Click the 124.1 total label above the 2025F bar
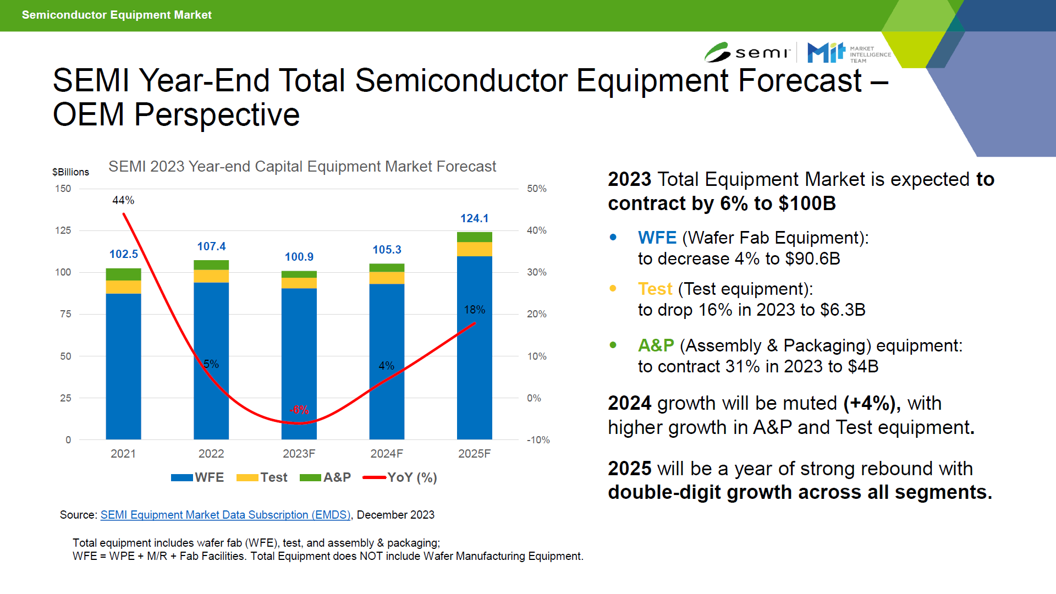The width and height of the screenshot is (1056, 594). click(474, 218)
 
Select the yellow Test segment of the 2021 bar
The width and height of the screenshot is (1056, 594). click(123, 287)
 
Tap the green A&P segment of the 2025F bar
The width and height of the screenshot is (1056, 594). click(474, 237)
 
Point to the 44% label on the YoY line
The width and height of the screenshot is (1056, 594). click(123, 200)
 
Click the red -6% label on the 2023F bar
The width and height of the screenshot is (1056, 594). click(300, 410)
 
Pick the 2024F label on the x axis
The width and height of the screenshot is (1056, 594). click(386, 454)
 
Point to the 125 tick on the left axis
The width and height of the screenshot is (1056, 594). click(63, 230)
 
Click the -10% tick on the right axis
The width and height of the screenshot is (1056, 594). click(538, 440)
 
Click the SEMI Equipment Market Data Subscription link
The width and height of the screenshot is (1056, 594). click(226, 515)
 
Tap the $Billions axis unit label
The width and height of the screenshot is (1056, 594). click(70, 172)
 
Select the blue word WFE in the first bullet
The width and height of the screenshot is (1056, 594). click(657, 238)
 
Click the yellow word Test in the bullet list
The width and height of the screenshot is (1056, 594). click(654, 289)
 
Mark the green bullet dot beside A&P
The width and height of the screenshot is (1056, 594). click(613, 345)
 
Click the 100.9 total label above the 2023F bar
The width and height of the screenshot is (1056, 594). click(299, 257)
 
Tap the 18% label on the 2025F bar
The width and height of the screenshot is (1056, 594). click(474, 310)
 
